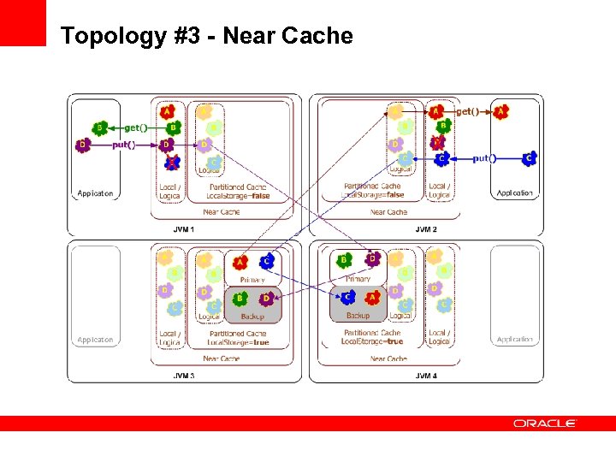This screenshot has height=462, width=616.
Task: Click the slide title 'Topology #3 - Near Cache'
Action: click(x=206, y=36)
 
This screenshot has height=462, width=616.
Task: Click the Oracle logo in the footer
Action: click(x=545, y=423)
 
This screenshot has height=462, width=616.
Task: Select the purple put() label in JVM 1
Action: click(x=124, y=145)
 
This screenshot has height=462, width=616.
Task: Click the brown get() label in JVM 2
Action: click(x=468, y=111)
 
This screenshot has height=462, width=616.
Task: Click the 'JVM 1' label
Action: click(x=183, y=228)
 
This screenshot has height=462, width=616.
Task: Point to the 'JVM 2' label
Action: click(x=425, y=228)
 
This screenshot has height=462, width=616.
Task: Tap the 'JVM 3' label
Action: click(x=183, y=376)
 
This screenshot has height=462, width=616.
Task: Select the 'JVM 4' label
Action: click(x=425, y=376)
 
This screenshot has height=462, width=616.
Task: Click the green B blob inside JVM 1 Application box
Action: click(x=100, y=128)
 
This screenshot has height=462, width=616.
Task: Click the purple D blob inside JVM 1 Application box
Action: click(x=82, y=145)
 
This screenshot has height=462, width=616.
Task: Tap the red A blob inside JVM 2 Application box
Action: click(x=500, y=111)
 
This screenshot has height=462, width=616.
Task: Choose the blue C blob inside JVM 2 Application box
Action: click(x=529, y=158)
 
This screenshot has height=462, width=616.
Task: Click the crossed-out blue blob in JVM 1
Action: click(x=171, y=161)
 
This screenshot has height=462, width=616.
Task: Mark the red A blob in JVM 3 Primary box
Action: click(x=240, y=262)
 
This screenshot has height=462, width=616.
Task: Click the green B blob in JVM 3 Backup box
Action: click(x=240, y=299)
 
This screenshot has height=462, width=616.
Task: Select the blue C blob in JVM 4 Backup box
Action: click(x=347, y=298)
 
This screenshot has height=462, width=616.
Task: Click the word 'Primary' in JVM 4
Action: click(x=358, y=279)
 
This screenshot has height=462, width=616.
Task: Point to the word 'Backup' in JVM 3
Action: click(x=252, y=316)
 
